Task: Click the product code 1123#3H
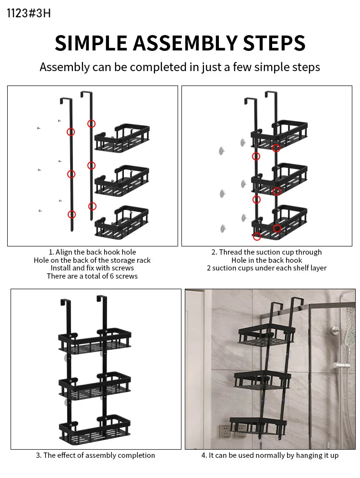tap(28, 13)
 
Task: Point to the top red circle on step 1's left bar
tap(71, 132)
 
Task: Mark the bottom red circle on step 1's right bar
tap(92, 206)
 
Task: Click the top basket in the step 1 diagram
tap(122, 138)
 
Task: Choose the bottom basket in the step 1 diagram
tap(122, 221)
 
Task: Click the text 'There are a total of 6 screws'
tap(92, 276)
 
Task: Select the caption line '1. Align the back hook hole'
tap(92, 252)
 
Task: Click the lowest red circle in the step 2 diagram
tap(257, 236)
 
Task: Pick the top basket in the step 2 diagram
tap(279, 133)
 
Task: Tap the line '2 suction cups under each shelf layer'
tap(266, 268)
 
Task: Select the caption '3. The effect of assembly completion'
tap(96, 455)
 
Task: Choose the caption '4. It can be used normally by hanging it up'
tap(270, 455)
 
